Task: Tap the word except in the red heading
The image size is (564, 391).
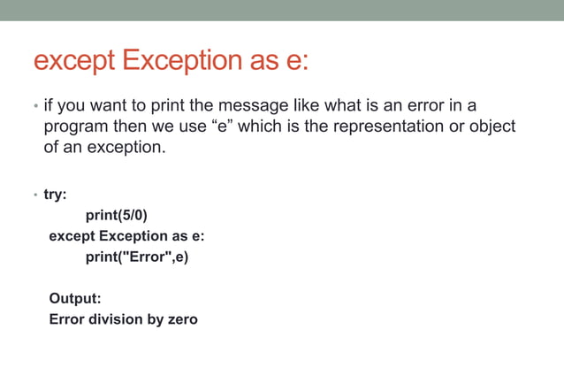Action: point(73,62)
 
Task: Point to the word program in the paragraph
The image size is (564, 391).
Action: point(76,126)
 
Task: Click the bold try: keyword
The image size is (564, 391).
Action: point(56,194)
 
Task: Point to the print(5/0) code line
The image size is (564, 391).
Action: point(123,215)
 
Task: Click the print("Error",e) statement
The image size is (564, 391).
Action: point(137,257)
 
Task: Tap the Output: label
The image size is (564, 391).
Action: point(75,299)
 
